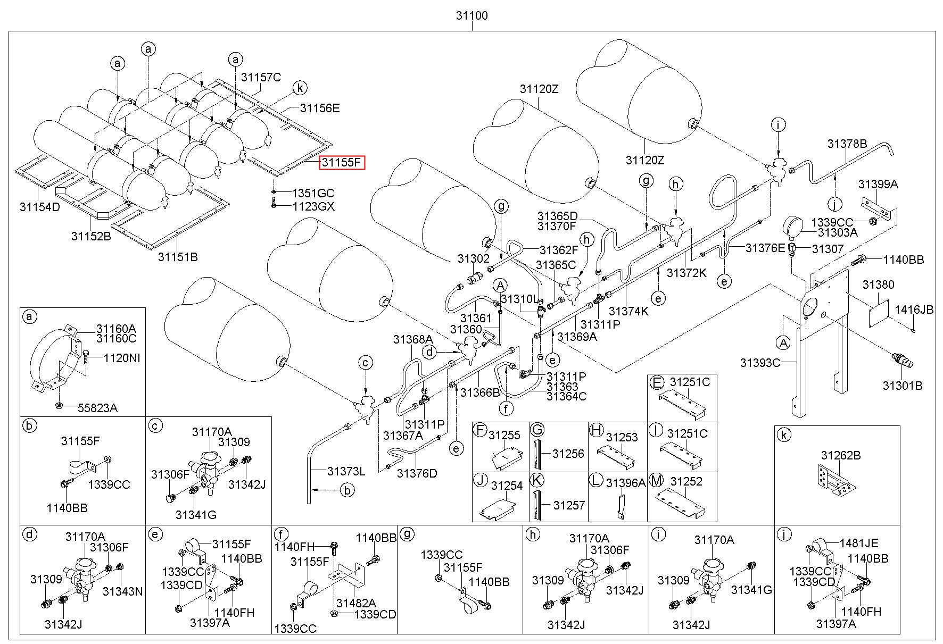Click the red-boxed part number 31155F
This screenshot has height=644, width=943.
point(342,162)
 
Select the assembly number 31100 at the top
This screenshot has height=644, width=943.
point(471,15)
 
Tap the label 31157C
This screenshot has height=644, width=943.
point(261,78)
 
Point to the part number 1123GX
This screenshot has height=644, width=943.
point(314,206)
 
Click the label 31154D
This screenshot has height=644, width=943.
point(40,206)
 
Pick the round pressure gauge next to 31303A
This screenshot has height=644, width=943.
point(793,226)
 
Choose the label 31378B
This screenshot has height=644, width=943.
point(847,144)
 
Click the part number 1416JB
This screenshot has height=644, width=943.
point(914,310)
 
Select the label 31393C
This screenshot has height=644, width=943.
point(760,363)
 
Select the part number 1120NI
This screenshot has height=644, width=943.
point(122,358)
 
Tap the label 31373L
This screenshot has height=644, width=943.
point(346,471)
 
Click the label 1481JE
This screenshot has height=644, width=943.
point(859,543)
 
